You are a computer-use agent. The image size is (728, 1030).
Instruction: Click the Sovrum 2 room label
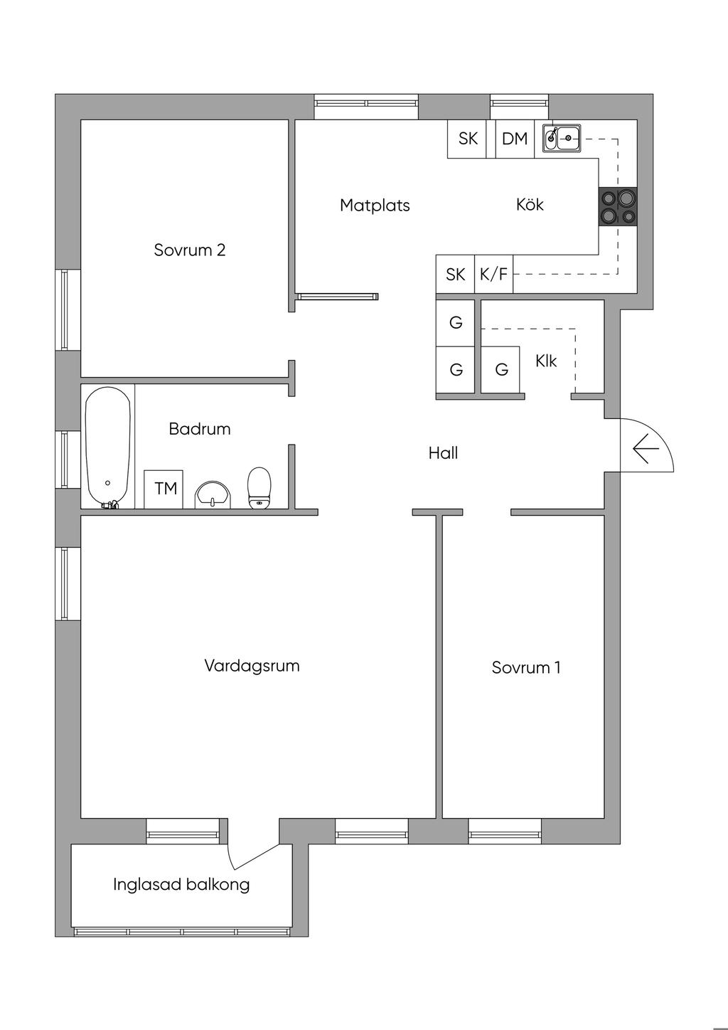(x=189, y=250)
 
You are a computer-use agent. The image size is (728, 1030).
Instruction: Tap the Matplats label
(x=375, y=205)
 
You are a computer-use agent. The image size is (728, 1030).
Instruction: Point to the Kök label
(x=530, y=204)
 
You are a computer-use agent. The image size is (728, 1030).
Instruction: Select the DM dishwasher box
(x=515, y=139)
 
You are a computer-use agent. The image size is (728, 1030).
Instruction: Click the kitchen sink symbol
(x=562, y=137)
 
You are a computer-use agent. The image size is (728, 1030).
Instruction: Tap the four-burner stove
(x=618, y=207)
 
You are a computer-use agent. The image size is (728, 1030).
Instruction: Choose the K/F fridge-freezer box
(x=493, y=275)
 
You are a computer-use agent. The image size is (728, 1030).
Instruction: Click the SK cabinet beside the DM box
(x=468, y=139)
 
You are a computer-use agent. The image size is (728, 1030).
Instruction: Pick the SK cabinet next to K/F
(x=455, y=275)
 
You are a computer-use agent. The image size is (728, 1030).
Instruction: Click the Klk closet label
(x=545, y=361)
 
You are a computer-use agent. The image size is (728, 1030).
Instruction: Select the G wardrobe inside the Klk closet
(x=500, y=370)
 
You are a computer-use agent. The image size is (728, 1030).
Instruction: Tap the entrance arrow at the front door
(x=646, y=448)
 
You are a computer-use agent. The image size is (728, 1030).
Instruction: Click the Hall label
(x=443, y=453)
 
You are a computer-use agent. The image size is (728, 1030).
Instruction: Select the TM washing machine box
(x=164, y=489)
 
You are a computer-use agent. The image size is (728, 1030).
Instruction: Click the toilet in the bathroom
(x=259, y=488)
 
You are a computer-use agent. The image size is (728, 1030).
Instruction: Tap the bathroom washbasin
(x=213, y=495)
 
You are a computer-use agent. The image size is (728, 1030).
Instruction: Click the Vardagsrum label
(x=252, y=667)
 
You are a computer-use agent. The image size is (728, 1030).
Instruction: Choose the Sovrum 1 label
(x=526, y=668)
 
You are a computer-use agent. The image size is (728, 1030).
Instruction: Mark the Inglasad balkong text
(x=181, y=885)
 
